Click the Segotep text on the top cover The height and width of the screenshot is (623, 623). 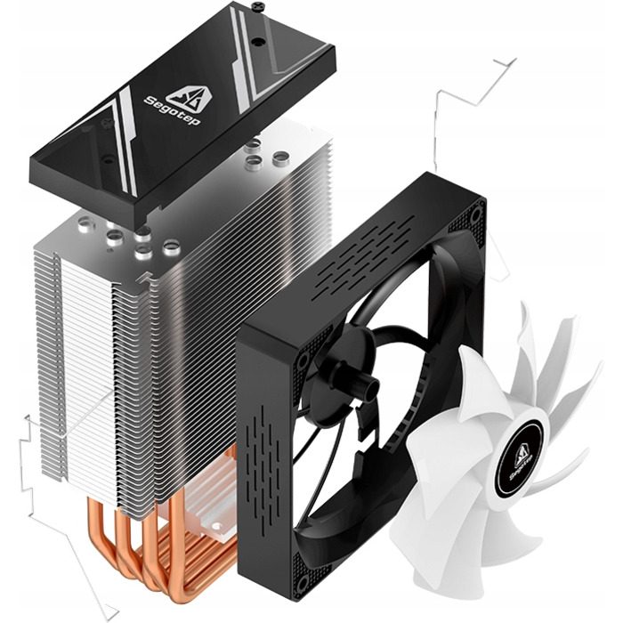[172, 111]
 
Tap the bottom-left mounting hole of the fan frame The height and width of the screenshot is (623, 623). [303, 582]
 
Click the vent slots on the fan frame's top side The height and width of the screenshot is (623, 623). [364, 258]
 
